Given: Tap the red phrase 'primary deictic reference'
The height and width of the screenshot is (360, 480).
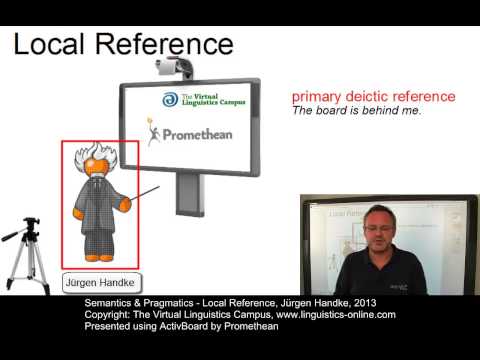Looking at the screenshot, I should pos(373,97).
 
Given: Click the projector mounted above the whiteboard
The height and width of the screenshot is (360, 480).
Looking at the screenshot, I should pos(176,66).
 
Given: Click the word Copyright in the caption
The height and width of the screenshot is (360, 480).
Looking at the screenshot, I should pos(108,314).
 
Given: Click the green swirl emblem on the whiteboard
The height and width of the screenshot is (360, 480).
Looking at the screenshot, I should pos(171,101).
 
